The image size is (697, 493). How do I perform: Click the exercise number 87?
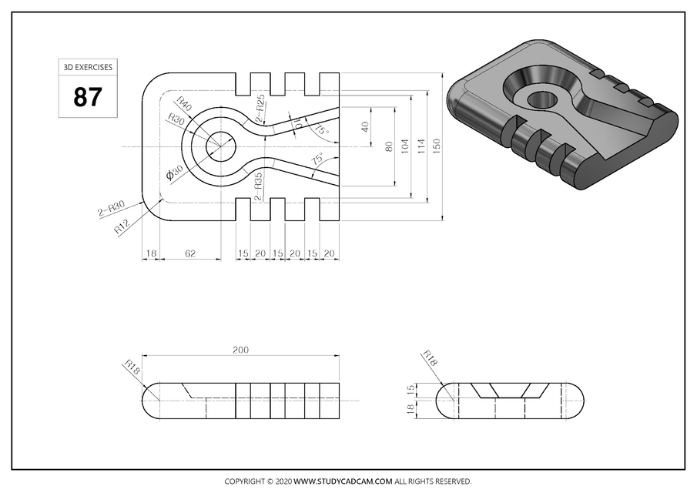(87, 97)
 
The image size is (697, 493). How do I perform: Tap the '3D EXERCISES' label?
(87, 68)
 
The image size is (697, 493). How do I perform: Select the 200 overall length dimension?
(240, 350)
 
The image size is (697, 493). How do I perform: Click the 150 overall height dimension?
(437, 145)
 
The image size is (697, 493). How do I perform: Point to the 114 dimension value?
(421, 146)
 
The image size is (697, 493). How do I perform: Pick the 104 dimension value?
(405, 146)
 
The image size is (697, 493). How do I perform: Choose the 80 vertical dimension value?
(389, 146)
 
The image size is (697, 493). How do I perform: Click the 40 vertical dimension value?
(366, 126)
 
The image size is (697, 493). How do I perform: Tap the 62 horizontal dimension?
(189, 253)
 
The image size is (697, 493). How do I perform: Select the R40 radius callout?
(184, 102)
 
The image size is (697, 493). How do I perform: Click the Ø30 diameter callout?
(175, 173)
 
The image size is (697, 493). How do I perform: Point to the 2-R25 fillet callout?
(260, 108)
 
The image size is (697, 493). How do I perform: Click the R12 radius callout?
(122, 226)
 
